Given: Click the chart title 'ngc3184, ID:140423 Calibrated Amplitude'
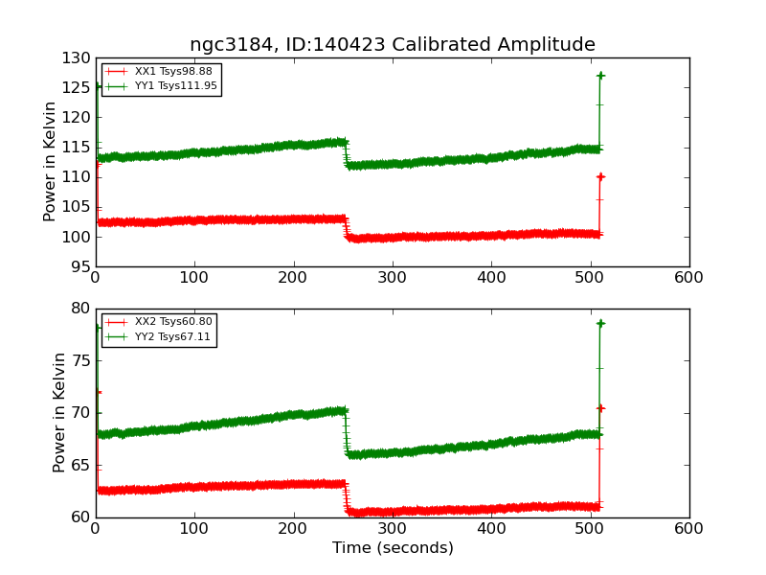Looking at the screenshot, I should tap(393, 45).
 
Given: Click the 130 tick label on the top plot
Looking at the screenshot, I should tap(76, 58).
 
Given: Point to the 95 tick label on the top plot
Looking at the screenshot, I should tap(80, 266).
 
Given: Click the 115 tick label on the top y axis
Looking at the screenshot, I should tap(76, 148).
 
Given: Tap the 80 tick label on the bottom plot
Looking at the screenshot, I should tap(80, 309).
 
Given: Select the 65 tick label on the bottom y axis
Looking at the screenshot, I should tap(80, 465).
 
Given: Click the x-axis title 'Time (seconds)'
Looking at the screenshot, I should tap(393, 548).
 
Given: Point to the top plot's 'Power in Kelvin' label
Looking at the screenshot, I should tap(51, 162).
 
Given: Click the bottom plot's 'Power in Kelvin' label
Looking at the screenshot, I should tap(60, 412).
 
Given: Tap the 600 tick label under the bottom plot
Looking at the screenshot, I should tap(688, 528).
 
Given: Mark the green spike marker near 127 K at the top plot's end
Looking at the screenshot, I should tap(600, 75).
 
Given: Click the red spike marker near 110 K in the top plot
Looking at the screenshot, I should tap(600, 176).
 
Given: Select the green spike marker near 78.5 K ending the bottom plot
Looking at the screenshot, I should tap(600, 323).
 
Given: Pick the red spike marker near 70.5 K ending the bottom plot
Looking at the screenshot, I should tap(600, 407).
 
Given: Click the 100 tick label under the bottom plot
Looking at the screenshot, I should tap(194, 528).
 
